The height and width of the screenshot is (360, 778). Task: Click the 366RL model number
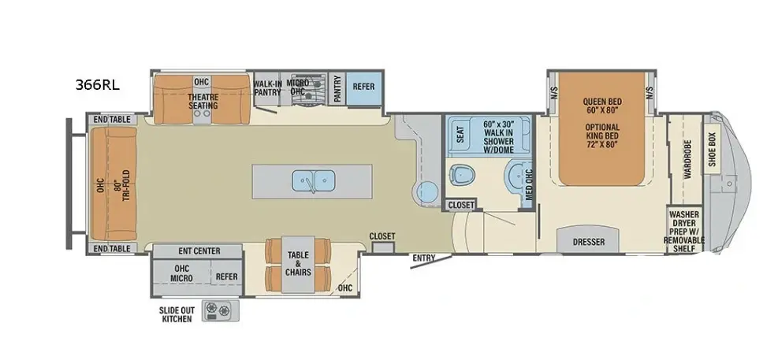click(x=97, y=85)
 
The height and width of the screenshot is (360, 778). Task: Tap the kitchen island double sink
click(x=313, y=181)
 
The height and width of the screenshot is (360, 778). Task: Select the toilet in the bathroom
click(x=462, y=174)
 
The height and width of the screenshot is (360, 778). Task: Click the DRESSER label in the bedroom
click(x=589, y=242)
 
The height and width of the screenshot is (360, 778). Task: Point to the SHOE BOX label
click(x=713, y=147)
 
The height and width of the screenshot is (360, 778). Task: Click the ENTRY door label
click(x=424, y=258)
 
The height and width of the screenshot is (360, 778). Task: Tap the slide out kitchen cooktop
click(x=220, y=310)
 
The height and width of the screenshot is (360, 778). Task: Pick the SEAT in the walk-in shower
click(x=460, y=132)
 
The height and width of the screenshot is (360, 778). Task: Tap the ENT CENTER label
click(x=199, y=251)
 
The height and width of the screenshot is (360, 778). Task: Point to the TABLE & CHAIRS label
click(x=298, y=263)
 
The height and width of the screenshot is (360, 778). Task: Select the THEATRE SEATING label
click(x=203, y=101)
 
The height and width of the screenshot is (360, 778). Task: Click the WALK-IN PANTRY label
click(x=267, y=87)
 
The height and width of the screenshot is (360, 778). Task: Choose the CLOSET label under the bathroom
click(x=461, y=204)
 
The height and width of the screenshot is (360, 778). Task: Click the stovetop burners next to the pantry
click(x=308, y=91)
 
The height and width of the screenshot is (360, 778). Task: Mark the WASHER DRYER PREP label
click(x=684, y=232)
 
